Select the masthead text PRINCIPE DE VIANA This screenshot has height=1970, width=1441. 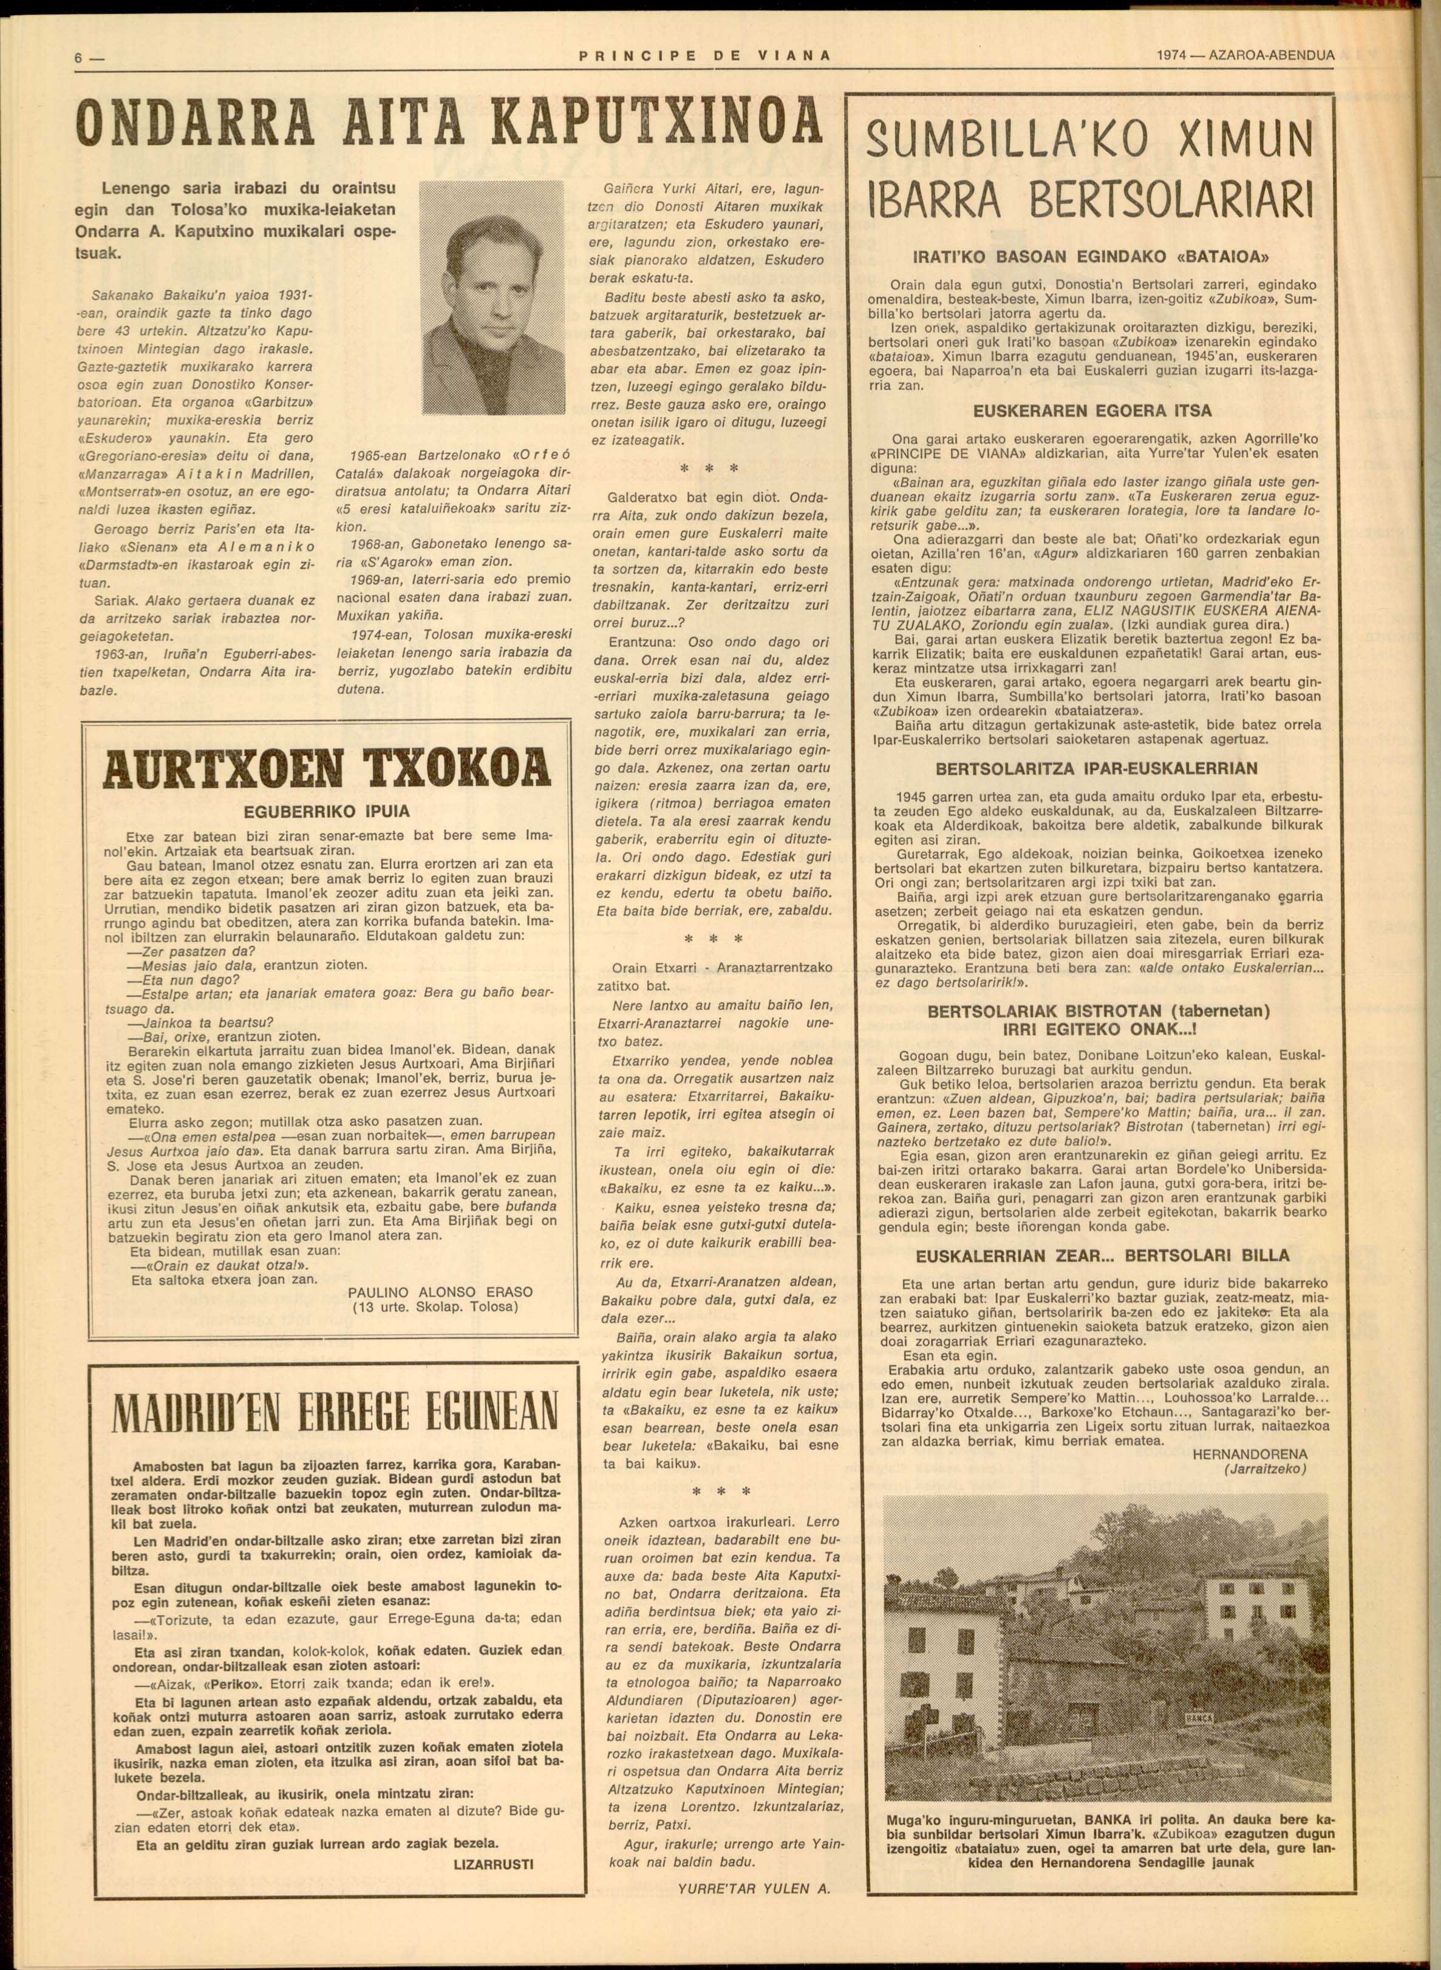704,56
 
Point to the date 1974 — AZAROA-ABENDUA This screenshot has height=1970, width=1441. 1245,55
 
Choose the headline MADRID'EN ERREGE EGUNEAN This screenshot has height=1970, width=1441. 335,1410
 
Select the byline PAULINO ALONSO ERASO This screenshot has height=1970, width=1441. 440,1291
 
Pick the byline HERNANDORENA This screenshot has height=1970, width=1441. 1249,1455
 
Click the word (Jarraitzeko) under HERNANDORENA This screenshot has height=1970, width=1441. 1264,1469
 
